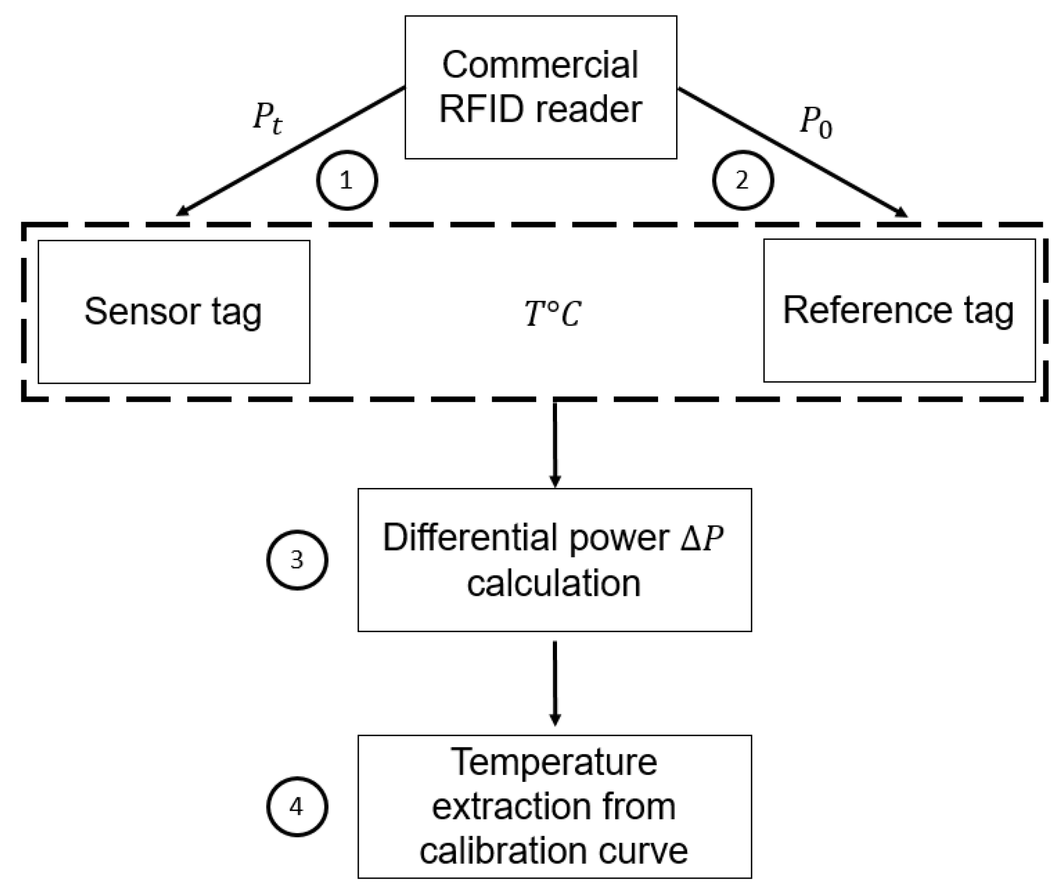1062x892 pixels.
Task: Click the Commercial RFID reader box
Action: pos(540,87)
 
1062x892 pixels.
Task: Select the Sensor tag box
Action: pos(174,312)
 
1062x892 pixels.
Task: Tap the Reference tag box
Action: pos(899,310)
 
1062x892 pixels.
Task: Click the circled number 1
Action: pos(347,181)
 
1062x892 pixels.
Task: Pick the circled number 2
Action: pos(743,181)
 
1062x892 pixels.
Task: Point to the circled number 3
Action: pos(297,560)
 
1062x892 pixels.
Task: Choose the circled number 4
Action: pos(297,806)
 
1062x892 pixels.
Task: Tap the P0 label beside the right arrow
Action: pos(816,122)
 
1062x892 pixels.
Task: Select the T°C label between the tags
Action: pos(553,314)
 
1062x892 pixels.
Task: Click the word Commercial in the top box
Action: pos(540,65)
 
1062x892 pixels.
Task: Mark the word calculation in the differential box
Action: pos(553,583)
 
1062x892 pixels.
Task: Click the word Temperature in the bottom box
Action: pos(554,762)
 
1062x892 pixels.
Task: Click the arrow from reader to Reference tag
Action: pos(792,153)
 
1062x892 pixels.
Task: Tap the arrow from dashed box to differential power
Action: pos(554,444)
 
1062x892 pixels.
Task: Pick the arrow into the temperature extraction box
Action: pos(554,683)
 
